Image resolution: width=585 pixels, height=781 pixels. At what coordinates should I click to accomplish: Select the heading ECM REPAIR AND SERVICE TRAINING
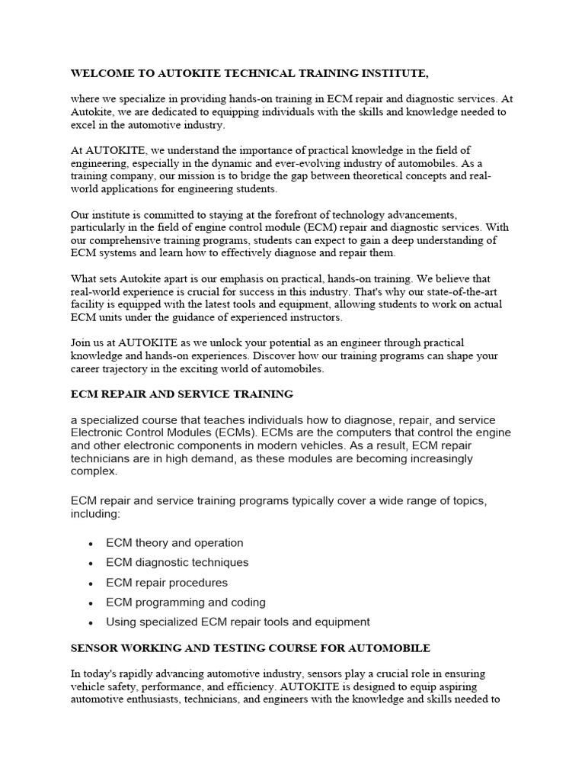[181, 394]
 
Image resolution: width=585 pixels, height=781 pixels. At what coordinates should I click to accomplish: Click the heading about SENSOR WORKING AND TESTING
[250, 648]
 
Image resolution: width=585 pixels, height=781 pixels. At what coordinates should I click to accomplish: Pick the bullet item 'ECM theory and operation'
[174, 543]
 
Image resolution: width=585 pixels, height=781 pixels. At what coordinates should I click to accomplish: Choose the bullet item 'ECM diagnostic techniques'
[177, 563]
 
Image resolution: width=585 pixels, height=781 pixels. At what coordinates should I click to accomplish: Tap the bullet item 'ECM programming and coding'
[186, 603]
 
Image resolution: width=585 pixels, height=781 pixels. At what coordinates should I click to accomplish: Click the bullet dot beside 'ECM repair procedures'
[91, 583]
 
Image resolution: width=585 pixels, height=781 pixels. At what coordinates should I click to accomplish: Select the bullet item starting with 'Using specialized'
[238, 622]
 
